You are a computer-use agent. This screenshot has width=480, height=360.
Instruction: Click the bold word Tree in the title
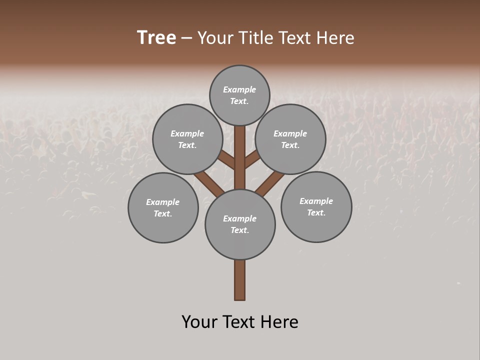click(156, 38)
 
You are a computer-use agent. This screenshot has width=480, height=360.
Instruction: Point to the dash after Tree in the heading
click(186, 38)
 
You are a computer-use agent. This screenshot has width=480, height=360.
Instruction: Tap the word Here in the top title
click(335, 38)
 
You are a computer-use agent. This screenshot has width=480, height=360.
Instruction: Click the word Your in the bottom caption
click(200, 322)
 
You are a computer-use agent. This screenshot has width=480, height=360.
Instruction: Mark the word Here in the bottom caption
click(280, 322)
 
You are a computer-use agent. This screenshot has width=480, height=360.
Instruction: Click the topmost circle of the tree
click(239, 95)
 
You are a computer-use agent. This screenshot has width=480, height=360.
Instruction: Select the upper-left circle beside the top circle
click(187, 139)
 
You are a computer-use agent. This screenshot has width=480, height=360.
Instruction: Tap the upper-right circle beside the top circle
click(290, 139)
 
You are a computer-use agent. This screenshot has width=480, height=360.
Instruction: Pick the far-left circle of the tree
click(163, 207)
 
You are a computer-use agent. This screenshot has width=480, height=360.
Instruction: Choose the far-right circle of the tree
click(316, 206)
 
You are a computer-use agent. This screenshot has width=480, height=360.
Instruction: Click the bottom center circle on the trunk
click(240, 224)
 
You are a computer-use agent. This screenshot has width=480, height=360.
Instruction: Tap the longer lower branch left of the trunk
click(209, 182)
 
